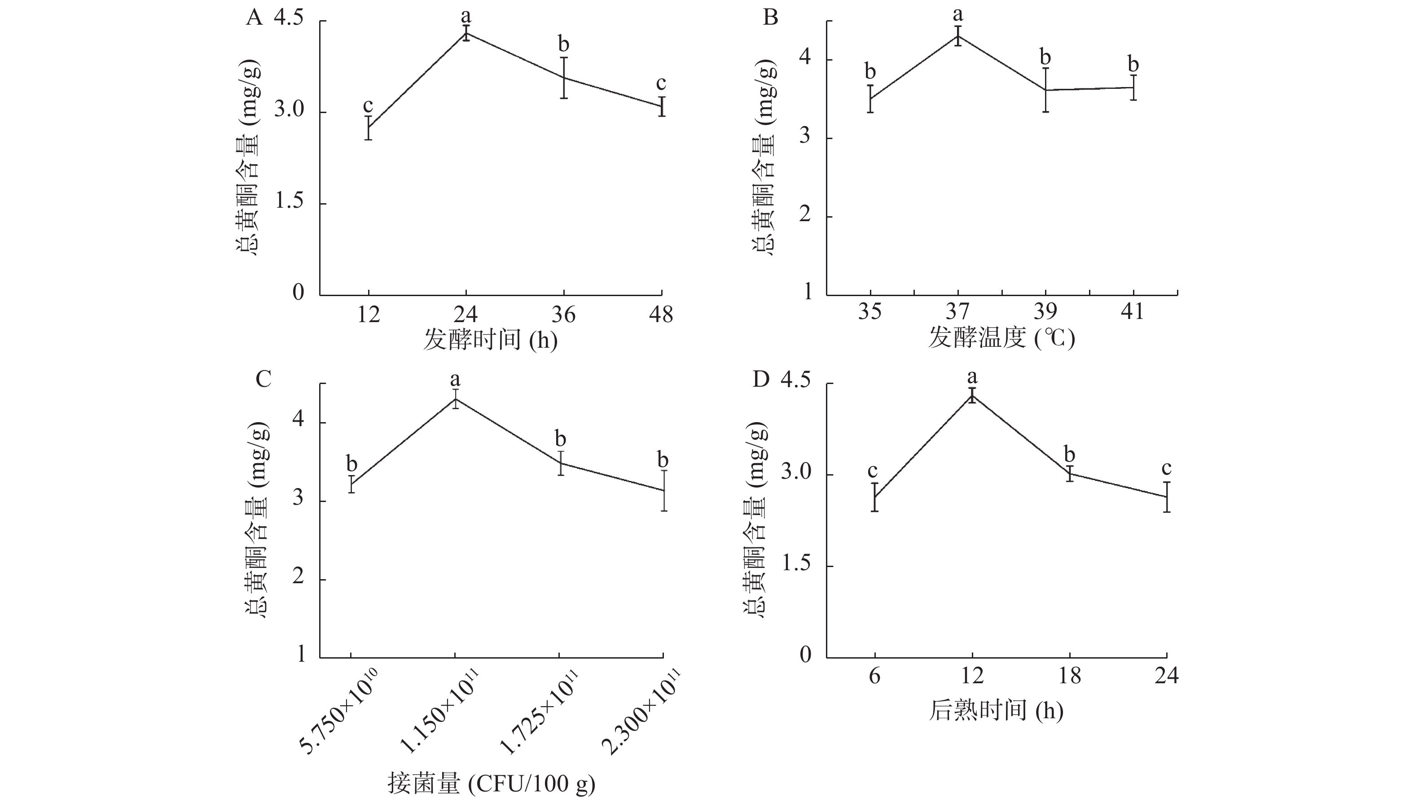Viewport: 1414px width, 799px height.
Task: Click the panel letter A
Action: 254,18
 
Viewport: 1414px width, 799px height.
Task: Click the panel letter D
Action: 761,379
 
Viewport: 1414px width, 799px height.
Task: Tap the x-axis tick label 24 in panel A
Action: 465,315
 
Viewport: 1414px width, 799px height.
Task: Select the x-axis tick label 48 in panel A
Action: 661,315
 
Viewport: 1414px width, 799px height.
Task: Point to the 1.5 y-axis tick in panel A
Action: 289,202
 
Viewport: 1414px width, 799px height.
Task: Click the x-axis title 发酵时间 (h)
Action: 490,340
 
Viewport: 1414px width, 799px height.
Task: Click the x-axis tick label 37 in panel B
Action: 957,312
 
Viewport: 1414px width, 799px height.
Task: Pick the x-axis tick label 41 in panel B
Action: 1133,312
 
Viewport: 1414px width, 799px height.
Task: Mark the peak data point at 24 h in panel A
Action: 466,33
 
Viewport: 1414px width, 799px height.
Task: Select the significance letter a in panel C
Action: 455,379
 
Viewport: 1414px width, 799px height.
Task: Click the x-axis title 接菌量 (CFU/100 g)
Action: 491,784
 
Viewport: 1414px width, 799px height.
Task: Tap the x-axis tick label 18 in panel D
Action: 1069,676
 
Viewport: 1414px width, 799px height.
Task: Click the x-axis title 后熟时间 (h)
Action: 996,710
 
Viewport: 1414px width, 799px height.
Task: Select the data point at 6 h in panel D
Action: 874,497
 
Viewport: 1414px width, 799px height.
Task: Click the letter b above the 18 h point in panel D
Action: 1069,455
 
